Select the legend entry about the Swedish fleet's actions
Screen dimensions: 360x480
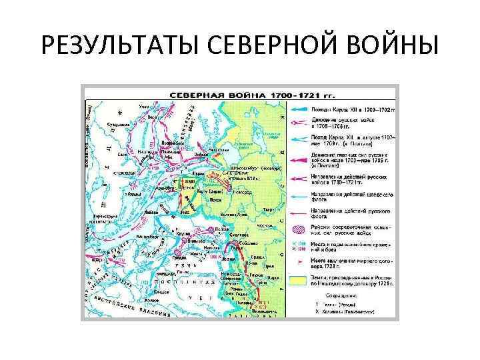click(350, 197)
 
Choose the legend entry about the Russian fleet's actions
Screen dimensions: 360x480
click(350, 214)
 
